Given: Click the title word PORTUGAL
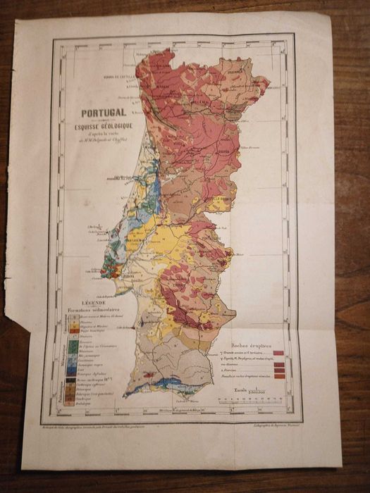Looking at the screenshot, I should [103, 112].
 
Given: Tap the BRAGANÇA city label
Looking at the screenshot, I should [246, 70].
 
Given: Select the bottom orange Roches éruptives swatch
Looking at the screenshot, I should [279, 376].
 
